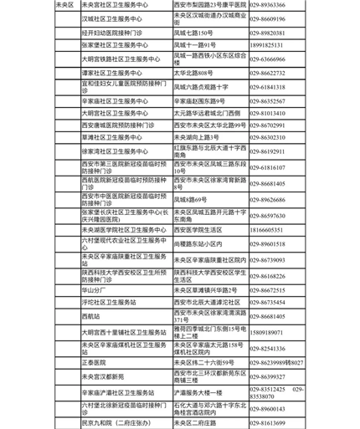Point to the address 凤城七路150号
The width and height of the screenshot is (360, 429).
(x=193, y=33)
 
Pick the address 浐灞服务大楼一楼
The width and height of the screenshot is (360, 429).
(x=202, y=392)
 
